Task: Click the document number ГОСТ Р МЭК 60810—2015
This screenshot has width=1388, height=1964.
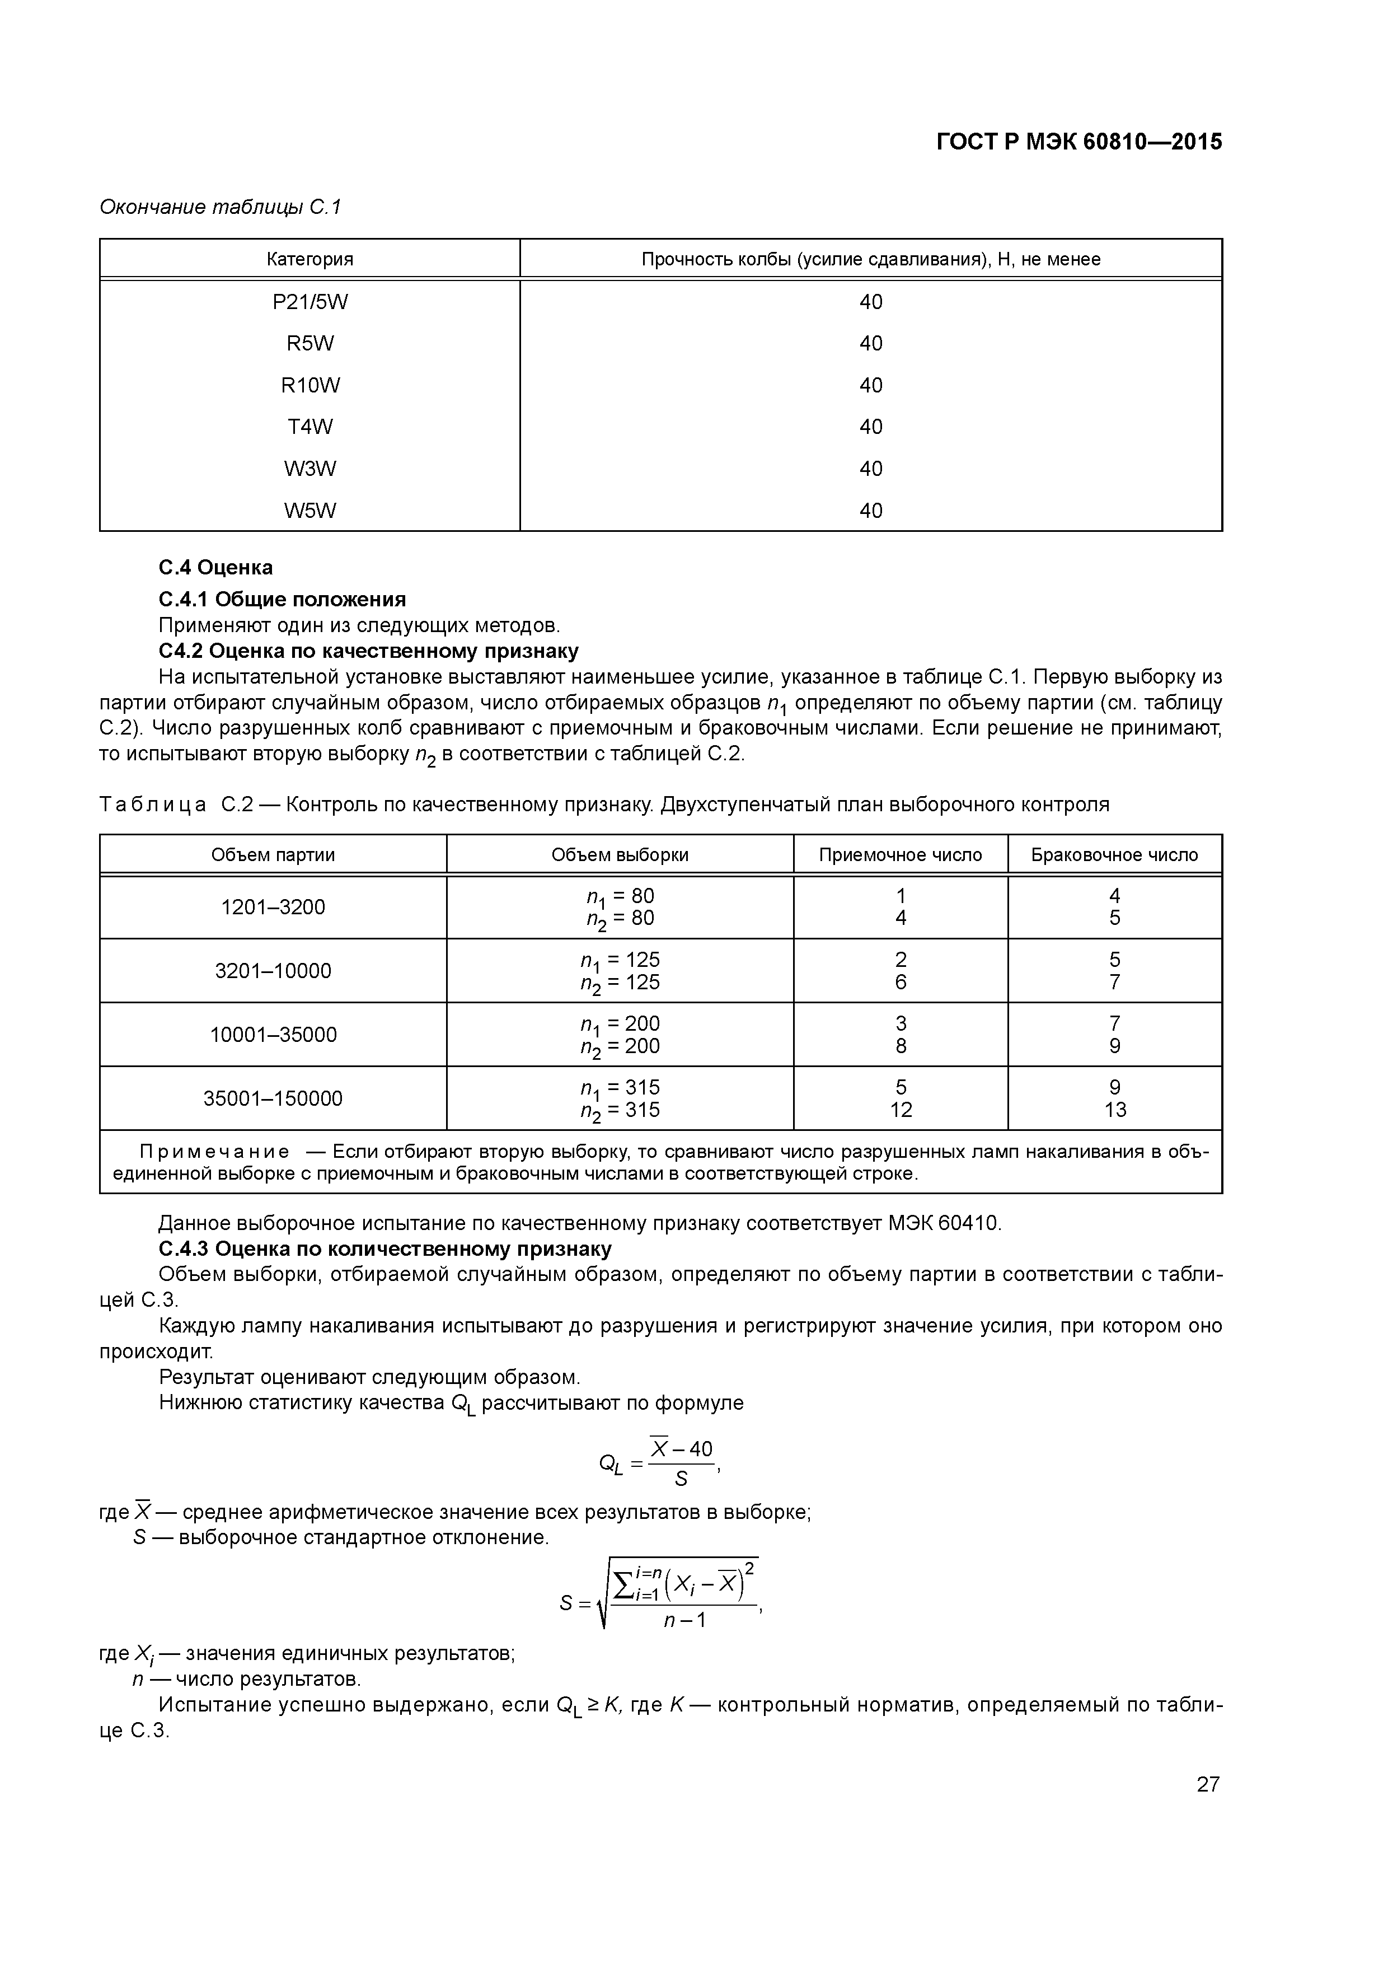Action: coord(1078,142)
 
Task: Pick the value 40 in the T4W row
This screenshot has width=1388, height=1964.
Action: coord(871,427)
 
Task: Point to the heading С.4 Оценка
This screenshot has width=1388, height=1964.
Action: coord(215,568)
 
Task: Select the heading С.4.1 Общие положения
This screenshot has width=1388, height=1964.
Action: coord(282,599)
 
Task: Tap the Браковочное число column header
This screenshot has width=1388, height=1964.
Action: coord(1114,854)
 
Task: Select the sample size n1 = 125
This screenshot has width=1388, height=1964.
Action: coord(620,960)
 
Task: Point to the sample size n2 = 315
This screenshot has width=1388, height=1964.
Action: coord(620,1110)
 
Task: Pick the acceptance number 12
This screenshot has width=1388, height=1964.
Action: coord(901,1110)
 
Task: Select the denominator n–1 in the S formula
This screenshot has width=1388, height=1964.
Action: coord(684,1620)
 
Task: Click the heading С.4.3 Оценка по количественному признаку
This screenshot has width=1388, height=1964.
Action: coord(385,1249)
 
